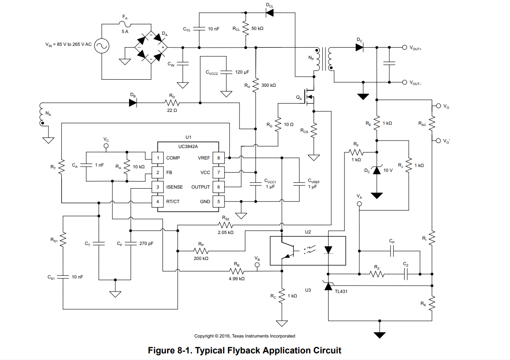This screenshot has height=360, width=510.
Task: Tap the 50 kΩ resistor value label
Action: pos(258,28)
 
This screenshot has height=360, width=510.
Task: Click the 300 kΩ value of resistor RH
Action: pos(269,85)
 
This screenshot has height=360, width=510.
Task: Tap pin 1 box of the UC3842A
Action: pos(157,158)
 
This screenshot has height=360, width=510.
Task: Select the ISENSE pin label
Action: pos(174,187)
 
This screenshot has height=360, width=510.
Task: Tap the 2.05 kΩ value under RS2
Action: pos(225,232)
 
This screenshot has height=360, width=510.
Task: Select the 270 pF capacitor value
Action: pos(146,243)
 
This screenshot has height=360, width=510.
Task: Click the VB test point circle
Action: pos(258,266)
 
